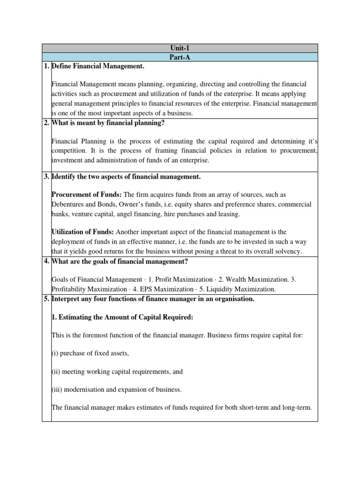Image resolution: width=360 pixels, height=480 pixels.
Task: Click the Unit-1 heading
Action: [180, 48]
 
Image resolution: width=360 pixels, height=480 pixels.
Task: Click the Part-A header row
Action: [180, 57]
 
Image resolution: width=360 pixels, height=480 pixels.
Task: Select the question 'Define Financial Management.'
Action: [97, 67]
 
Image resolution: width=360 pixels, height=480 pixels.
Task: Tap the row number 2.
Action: [46, 123]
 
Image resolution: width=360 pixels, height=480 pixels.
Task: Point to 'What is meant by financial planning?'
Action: [107, 123]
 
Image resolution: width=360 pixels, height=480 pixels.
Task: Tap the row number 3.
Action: [46, 177]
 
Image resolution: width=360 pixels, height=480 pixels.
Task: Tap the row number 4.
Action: [46, 261]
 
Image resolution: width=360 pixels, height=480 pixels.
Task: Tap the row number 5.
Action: [46, 299]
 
